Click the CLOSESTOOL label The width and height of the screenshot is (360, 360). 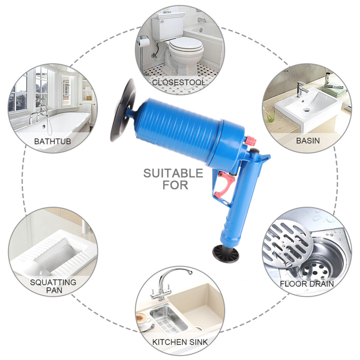click(x=179, y=82)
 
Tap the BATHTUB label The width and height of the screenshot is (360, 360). click(x=53, y=141)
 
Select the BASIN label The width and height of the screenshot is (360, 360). click(x=308, y=140)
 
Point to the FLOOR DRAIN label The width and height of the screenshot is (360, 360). click(x=307, y=284)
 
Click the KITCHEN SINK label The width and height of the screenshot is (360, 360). click(x=180, y=342)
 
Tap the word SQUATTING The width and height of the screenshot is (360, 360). click(x=53, y=282)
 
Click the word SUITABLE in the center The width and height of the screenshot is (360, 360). click(x=173, y=173)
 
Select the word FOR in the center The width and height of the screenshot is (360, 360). click(x=175, y=185)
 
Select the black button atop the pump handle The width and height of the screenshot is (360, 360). click(x=255, y=152)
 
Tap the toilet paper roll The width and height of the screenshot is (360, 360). click(x=145, y=42)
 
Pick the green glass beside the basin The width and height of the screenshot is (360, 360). click(x=271, y=116)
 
